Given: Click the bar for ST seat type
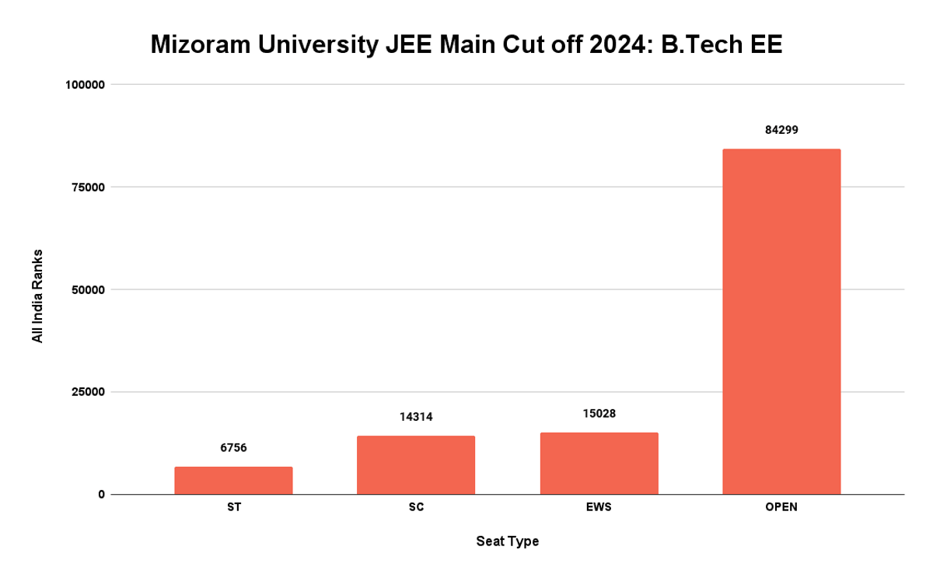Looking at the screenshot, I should coord(233,481).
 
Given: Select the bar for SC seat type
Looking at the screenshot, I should coord(416,465).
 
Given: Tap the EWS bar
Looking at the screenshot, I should coord(599,464).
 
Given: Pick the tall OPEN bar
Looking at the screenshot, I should coord(781,321).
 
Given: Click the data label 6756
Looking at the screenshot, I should coord(233,447).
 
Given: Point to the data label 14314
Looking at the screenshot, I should coord(416,417).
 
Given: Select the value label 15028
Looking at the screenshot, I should coord(599,413).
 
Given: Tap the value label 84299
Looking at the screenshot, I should coord(781,130).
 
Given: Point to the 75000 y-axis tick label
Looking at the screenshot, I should coord(85,187).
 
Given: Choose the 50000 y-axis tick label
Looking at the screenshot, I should coord(85,290).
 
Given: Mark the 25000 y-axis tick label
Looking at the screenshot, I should coord(85,392).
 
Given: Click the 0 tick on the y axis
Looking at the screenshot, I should coord(101,495).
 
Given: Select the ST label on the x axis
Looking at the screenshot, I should coord(233,507).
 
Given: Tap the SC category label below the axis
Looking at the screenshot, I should coord(416,507).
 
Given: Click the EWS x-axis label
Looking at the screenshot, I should coord(599,507).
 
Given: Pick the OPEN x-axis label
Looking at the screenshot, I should coord(781,507).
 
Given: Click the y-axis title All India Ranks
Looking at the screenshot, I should coord(37,296).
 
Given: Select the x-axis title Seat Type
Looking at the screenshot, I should coord(507,541).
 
